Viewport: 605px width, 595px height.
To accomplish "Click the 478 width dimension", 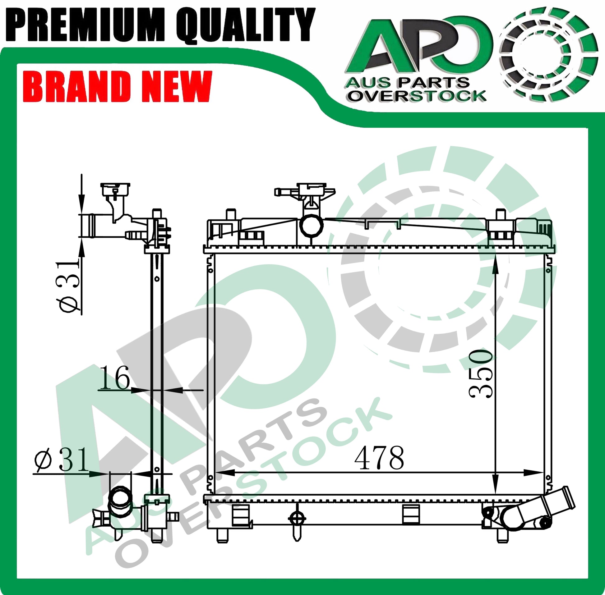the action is click(379, 458).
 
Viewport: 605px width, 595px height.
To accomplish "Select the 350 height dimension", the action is click(481, 373).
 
